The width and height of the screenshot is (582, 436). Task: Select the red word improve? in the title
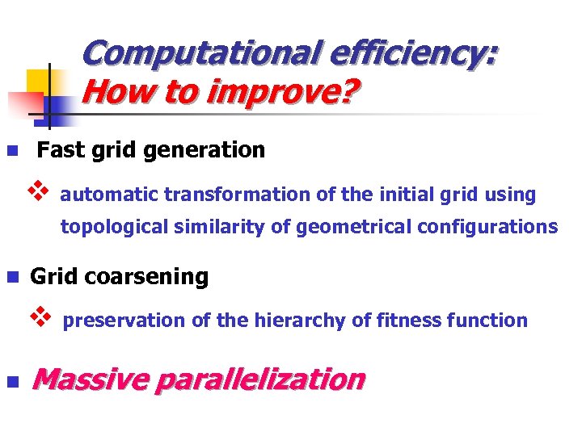click(x=281, y=94)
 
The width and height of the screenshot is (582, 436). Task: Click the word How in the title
click(x=114, y=94)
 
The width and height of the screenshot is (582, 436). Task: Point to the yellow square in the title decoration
click(x=40, y=82)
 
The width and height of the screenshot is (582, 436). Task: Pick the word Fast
click(x=59, y=150)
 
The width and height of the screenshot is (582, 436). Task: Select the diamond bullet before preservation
click(x=40, y=318)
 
